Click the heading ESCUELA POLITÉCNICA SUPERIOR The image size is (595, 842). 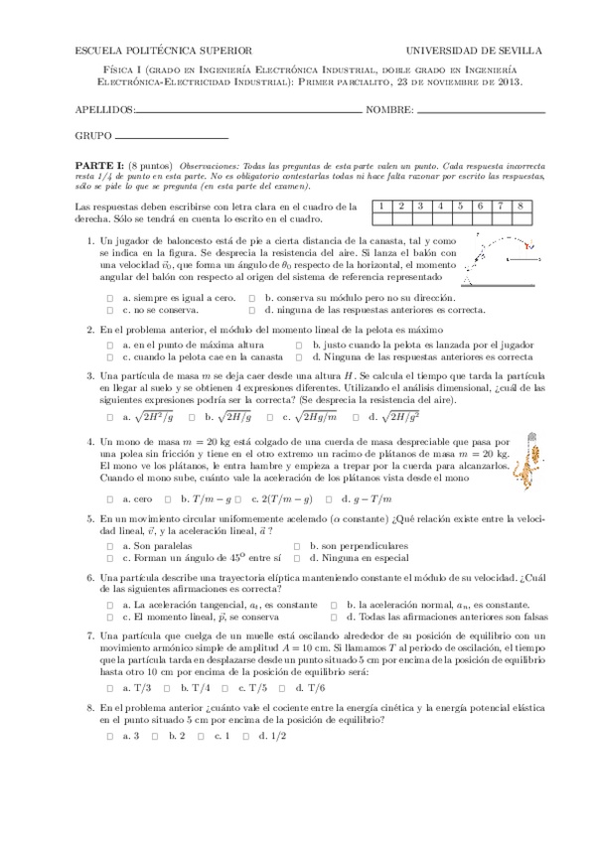(x=164, y=50)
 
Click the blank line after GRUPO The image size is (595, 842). (x=172, y=136)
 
